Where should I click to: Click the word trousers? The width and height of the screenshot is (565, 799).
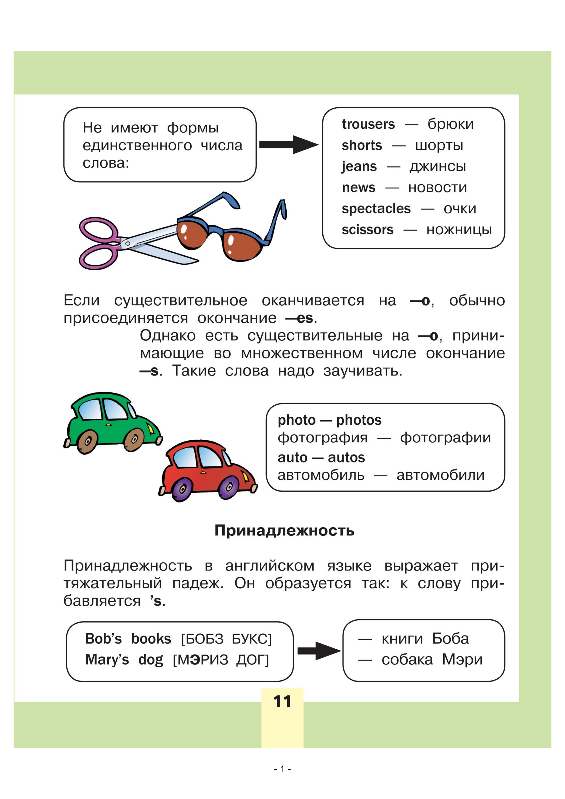pos(368,124)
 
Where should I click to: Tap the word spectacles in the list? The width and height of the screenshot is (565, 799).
pos(376,209)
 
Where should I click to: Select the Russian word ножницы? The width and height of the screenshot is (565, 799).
pos(459,230)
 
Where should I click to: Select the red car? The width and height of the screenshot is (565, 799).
pos(207,470)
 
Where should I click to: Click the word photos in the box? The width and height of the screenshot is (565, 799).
pos(359,420)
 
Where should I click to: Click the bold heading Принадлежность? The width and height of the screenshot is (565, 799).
pos(284,530)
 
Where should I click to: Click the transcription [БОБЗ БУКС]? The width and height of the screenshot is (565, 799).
pos(226,639)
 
